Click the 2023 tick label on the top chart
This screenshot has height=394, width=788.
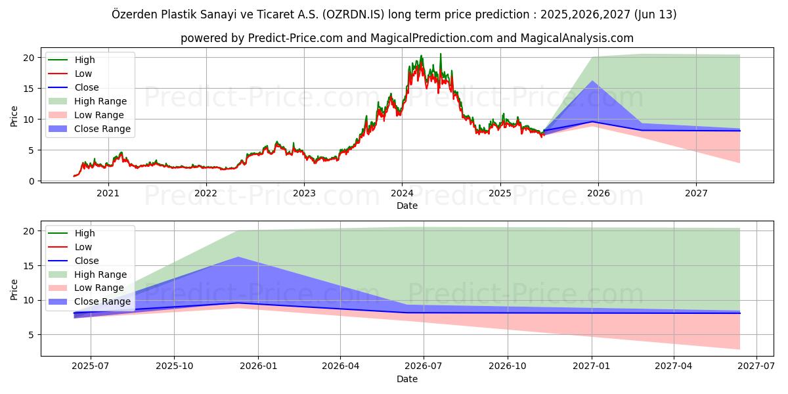tap(304, 193)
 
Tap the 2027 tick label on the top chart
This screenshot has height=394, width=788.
tap(696, 193)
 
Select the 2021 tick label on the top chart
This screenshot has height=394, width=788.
tap(108, 193)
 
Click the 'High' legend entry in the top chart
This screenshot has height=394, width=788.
tap(85, 60)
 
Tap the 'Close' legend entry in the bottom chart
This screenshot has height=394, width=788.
tap(87, 261)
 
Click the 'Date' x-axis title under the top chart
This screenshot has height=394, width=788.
tap(407, 206)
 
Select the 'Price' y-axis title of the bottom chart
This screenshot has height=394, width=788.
tap(14, 289)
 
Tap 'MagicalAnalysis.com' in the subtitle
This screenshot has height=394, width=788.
tap(577, 38)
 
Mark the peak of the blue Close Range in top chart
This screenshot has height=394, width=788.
tap(592, 81)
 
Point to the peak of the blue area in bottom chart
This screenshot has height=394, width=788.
tap(237, 257)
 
